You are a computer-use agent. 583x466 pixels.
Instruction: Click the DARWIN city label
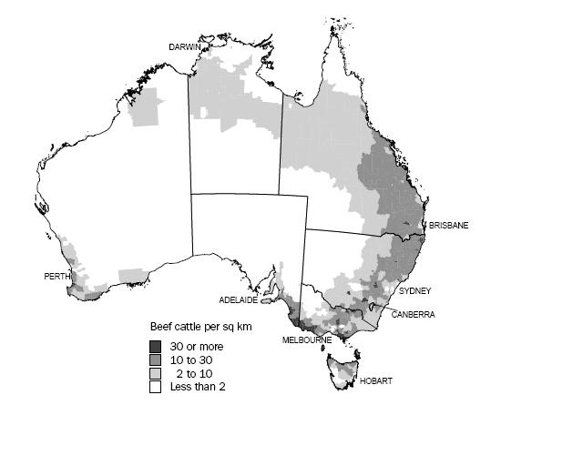(184, 46)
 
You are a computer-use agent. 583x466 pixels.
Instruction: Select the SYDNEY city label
(414, 291)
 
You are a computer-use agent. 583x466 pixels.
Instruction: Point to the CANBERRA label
(414, 315)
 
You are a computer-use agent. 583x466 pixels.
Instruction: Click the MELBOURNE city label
(306, 340)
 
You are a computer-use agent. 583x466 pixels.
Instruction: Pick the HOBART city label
(375, 381)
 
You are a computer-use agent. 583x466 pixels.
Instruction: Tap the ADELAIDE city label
(239, 299)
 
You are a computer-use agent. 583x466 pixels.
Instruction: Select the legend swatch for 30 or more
(157, 347)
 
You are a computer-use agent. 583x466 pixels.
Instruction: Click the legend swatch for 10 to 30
(157, 360)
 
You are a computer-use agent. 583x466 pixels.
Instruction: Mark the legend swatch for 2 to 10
(157, 373)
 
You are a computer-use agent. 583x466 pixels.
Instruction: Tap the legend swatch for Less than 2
(157, 387)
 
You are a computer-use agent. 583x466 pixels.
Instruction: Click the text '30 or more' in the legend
(196, 347)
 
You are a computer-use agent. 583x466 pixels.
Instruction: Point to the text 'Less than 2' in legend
(197, 387)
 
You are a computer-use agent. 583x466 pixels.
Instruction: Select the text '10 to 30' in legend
(191, 360)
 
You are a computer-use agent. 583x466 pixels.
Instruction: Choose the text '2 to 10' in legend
(194, 373)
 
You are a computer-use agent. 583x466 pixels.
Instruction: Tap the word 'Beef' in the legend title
(160, 326)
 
